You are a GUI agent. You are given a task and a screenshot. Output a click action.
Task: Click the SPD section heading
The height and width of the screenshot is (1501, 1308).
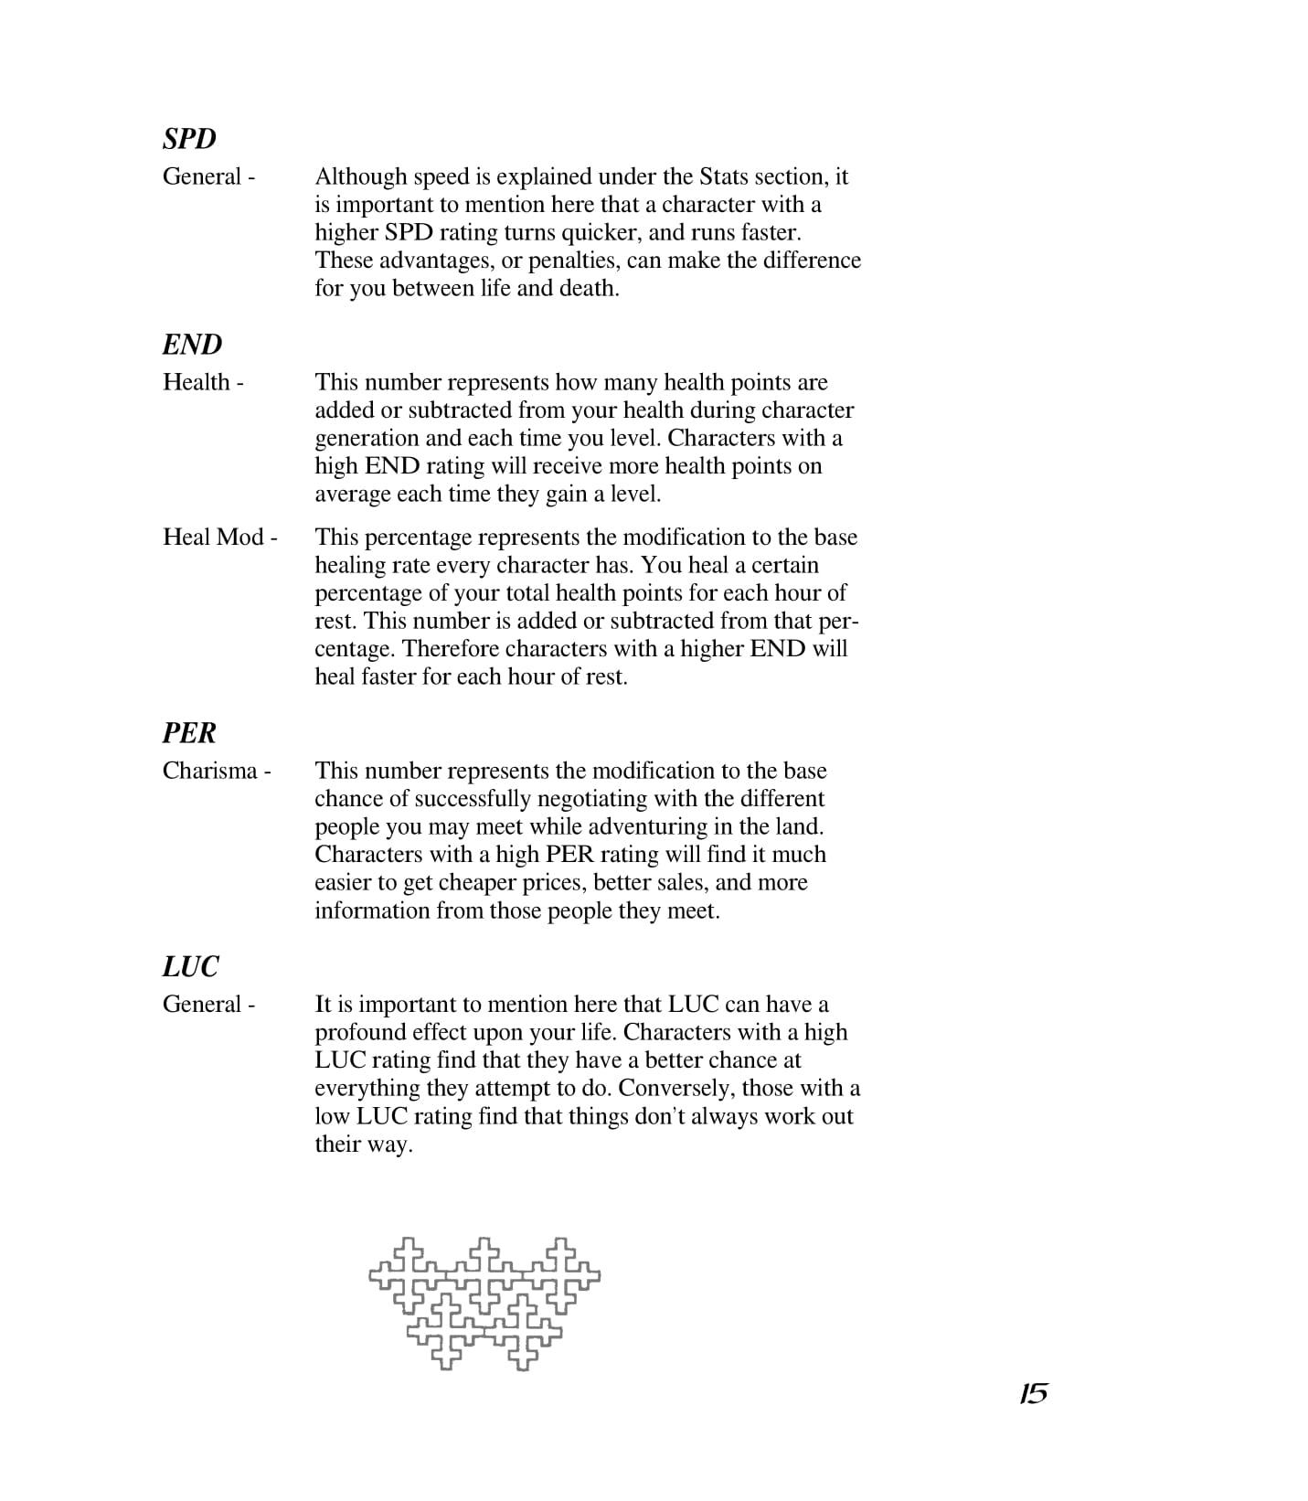189,139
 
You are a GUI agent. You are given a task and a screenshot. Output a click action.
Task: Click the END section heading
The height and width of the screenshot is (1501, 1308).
192,345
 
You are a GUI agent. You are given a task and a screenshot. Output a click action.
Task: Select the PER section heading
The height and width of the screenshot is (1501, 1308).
189,733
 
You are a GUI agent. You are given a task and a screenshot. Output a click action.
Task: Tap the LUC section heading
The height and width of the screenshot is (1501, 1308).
191,967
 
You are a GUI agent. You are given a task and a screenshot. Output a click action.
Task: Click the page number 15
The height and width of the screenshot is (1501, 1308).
1033,1394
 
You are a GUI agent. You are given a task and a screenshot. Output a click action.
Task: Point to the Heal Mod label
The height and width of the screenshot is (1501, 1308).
219,537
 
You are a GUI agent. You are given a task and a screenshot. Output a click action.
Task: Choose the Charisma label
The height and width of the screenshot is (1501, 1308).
217,771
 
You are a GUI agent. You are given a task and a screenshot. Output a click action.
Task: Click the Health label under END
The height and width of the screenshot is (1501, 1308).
203,382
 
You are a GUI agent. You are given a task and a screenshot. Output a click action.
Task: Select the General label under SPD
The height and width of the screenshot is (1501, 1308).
208,176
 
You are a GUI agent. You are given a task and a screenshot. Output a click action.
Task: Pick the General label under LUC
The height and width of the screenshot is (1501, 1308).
208,1005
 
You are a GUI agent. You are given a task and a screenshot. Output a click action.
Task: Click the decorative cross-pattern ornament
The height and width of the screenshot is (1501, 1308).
484,1303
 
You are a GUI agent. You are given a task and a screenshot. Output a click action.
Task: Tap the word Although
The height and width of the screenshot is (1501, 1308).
361,176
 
